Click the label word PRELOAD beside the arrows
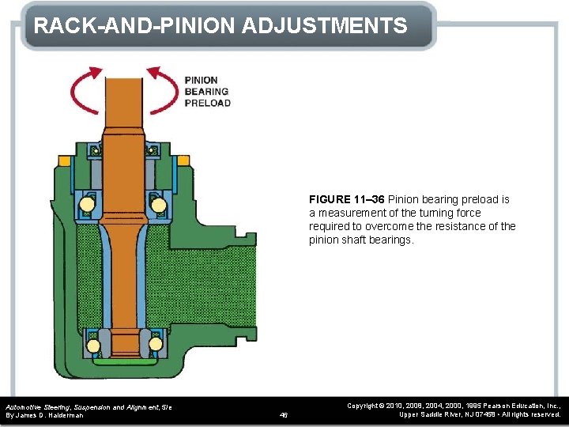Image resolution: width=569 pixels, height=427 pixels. (x=207, y=103)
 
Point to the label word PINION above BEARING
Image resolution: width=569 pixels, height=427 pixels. (x=202, y=81)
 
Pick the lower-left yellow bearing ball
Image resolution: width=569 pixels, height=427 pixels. (x=93, y=346)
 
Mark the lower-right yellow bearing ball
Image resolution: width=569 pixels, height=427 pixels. (x=154, y=346)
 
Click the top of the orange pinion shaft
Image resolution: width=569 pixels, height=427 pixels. (x=123, y=79)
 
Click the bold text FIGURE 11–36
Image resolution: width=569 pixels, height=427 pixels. (x=346, y=199)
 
